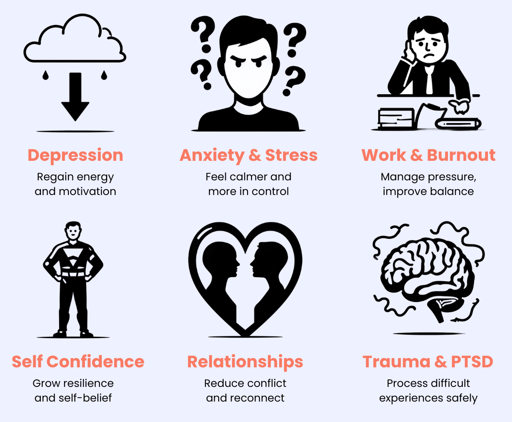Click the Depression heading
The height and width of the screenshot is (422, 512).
tap(75, 155)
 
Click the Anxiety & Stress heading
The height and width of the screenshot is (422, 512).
tap(248, 155)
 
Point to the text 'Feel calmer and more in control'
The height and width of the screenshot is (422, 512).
tap(248, 184)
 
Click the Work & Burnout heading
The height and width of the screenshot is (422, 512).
tap(428, 155)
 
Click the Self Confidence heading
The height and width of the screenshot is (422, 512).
tap(78, 362)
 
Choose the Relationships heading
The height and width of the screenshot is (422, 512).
tap(245, 362)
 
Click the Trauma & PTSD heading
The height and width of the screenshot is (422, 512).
tap(428, 362)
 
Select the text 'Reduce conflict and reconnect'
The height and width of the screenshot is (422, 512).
tap(245, 390)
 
